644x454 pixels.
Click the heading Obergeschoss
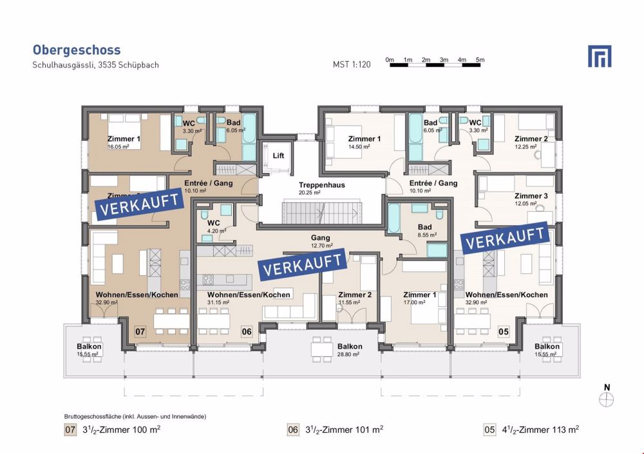(x=76, y=50)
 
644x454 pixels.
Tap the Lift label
(x=278, y=156)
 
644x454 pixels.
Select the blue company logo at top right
(x=599, y=57)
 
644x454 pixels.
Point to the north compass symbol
(x=606, y=399)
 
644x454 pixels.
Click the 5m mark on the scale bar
(x=480, y=60)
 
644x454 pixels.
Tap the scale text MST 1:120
(x=352, y=65)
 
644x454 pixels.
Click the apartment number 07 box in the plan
(x=140, y=332)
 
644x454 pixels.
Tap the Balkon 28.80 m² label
(x=350, y=350)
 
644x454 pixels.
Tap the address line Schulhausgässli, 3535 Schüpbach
(x=95, y=65)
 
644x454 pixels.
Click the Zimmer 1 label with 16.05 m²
(x=124, y=142)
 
